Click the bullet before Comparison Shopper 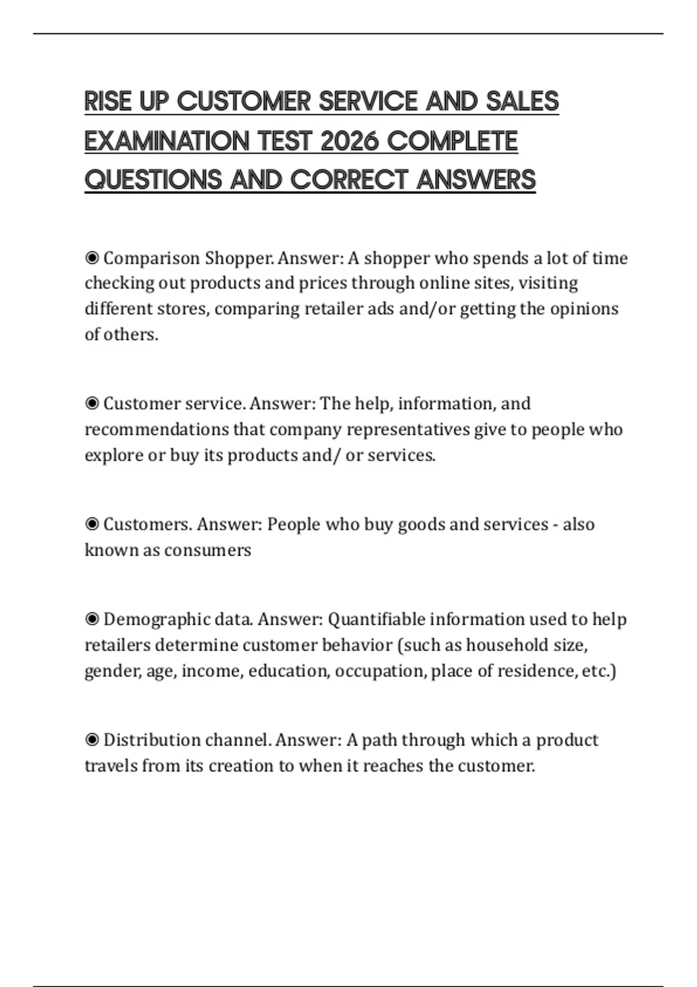[x=92, y=258]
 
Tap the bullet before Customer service [x=92, y=404]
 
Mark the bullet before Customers [x=92, y=524]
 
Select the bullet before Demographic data [x=92, y=619]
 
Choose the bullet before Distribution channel [x=92, y=740]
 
